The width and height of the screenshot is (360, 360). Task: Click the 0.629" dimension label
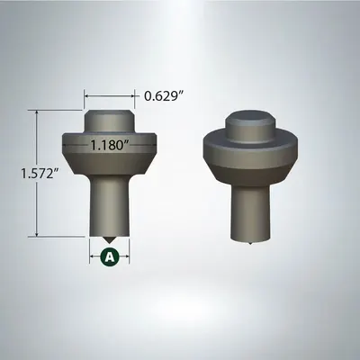click(x=166, y=93)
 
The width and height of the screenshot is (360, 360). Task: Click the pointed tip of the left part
click(x=110, y=241)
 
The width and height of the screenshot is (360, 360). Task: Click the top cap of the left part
click(x=110, y=120)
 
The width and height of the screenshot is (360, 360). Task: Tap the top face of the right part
click(x=250, y=114)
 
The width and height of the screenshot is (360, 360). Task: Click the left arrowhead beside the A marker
click(x=94, y=256)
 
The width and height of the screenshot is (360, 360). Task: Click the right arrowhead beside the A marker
click(x=126, y=256)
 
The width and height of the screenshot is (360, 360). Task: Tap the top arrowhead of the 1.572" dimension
click(x=37, y=112)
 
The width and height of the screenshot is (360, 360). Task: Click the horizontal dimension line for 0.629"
click(x=110, y=94)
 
